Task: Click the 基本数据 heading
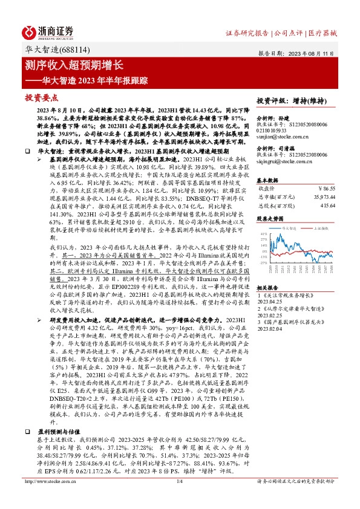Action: pyautogui.click(x=267, y=181)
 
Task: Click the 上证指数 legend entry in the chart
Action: pyautogui.click(x=321, y=229)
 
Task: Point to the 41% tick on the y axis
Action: pyautogui.click(x=263, y=233)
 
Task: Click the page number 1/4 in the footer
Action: pyautogui.click(x=179, y=498)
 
